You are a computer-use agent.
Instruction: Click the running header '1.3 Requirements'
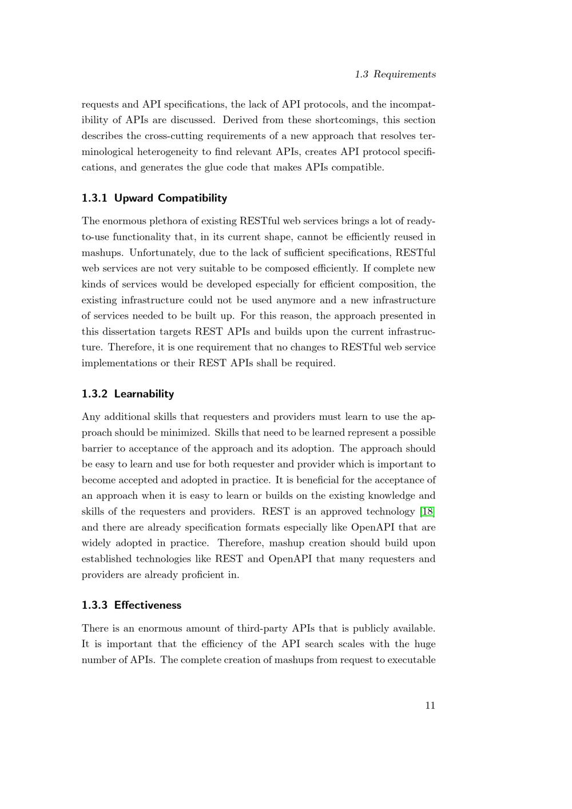(395, 74)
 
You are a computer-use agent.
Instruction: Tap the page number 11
(430, 705)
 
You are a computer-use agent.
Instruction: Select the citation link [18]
(427, 511)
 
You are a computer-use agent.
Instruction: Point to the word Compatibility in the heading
(192, 198)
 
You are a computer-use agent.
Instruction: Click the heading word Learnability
(144, 394)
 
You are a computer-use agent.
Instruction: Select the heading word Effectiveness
(148, 605)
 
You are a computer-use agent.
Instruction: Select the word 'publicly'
(366, 628)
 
